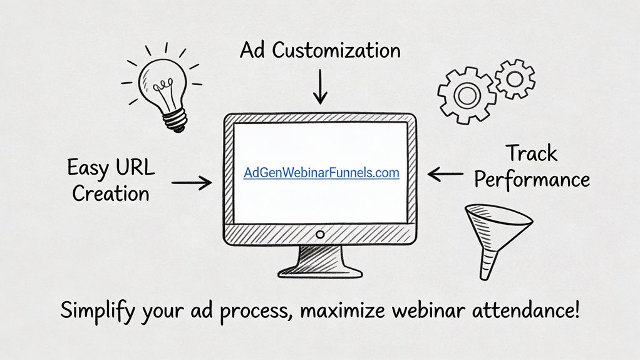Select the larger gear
point(466,95)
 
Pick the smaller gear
point(515,78)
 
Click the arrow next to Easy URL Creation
point(191,182)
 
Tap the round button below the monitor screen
point(320,234)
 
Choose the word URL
point(133,168)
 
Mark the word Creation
point(111,193)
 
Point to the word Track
point(531,153)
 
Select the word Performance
point(532,180)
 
